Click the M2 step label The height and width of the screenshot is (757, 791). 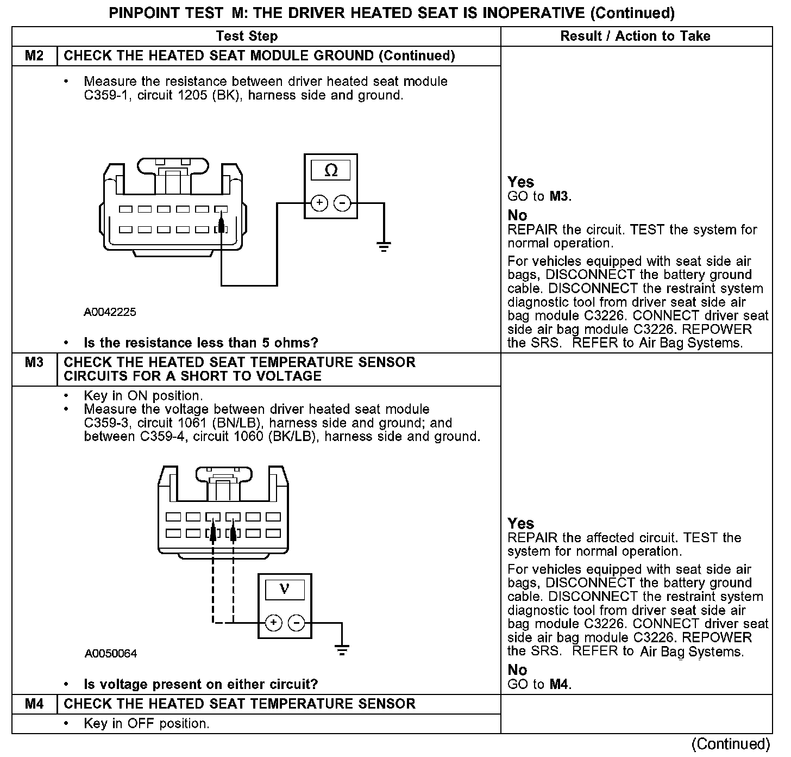34,56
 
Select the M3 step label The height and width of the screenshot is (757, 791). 34,362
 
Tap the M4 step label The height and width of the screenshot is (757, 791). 34,704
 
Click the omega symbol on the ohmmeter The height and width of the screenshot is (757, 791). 330,171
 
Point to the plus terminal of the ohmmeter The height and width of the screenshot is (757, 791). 319,203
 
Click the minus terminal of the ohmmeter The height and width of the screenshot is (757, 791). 342,203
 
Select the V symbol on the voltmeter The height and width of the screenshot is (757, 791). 285,589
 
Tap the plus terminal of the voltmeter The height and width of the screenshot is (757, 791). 274,622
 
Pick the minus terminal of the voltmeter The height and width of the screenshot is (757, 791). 296,622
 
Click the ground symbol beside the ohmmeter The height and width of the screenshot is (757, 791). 384,247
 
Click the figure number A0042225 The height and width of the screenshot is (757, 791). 110,312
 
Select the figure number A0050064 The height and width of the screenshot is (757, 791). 111,653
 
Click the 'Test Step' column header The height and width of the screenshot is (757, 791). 247,36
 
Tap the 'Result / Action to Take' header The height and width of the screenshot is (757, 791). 635,36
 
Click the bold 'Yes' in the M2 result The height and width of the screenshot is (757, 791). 520,182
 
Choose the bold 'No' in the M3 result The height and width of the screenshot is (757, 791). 517,669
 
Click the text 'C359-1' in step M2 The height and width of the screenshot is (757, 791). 103,96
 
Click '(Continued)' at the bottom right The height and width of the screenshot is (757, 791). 731,744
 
